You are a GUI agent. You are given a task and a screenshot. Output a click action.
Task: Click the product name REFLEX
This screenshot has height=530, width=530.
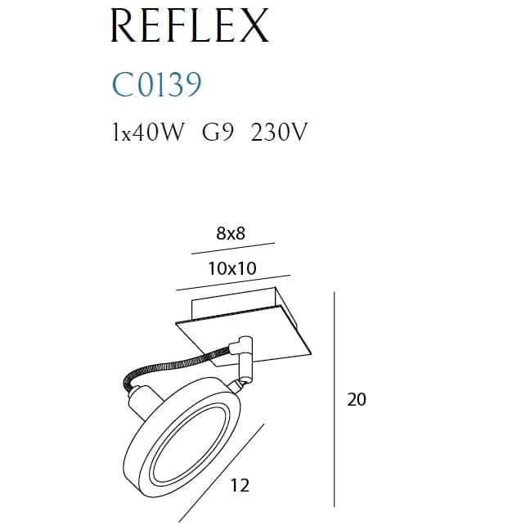(190, 25)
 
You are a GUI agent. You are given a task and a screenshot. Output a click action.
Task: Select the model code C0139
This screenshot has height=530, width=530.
(156, 84)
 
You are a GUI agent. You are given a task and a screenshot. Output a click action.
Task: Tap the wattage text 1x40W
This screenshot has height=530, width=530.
(149, 132)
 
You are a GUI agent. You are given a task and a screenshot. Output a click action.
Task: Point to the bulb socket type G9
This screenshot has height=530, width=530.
(218, 132)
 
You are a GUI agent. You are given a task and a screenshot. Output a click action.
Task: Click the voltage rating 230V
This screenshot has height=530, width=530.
(279, 132)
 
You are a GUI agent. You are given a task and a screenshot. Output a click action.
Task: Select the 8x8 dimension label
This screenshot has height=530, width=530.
(231, 233)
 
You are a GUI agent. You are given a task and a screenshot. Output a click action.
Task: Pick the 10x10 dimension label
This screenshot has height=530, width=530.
(232, 268)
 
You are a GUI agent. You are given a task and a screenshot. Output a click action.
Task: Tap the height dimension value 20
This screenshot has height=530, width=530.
(357, 399)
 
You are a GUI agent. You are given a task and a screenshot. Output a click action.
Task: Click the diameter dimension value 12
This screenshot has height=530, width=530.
(240, 485)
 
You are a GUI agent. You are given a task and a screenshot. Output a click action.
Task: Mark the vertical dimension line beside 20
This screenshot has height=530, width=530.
(335, 399)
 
